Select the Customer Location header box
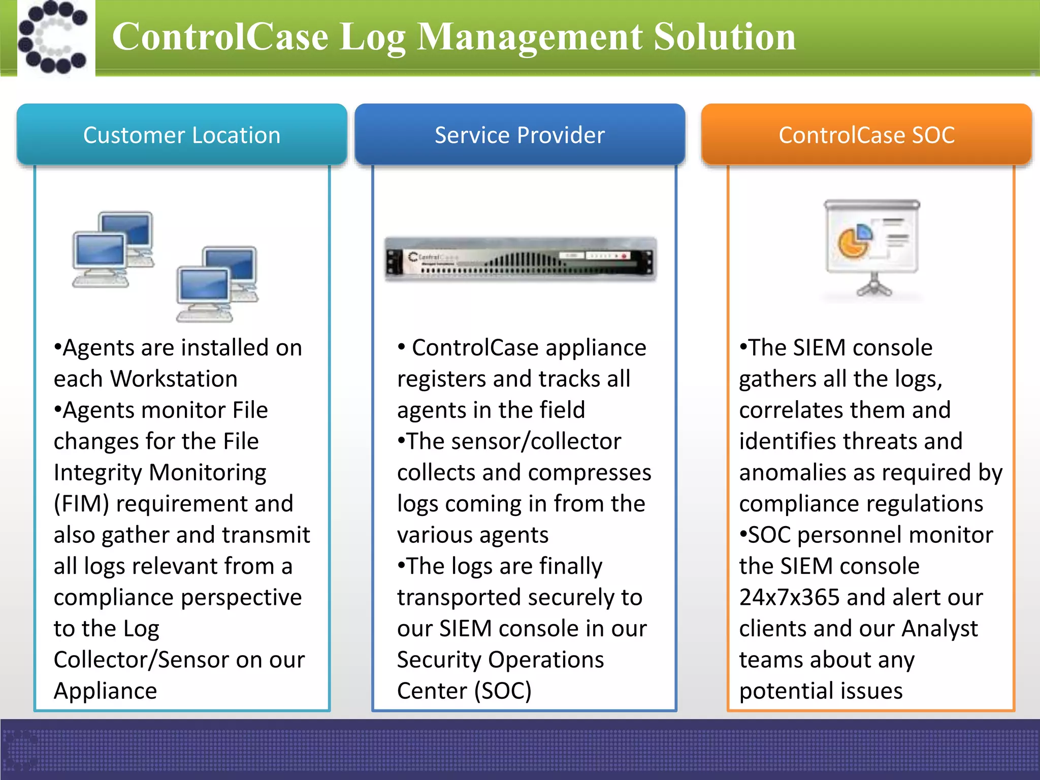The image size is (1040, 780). click(182, 135)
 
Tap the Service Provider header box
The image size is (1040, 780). click(519, 135)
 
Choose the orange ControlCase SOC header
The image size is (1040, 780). click(866, 135)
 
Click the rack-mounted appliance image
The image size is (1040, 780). click(520, 259)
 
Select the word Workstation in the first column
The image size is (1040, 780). click(174, 379)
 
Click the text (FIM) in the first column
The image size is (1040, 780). click(81, 504)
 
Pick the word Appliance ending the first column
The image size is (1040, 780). click(106, 691)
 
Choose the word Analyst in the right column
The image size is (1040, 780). click(939, 629)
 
